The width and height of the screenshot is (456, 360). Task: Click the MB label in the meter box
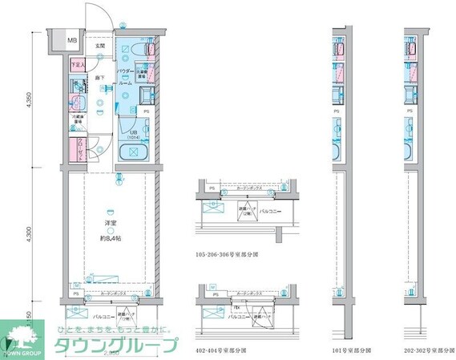click(72, 39)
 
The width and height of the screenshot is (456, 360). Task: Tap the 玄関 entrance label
click(101, 46)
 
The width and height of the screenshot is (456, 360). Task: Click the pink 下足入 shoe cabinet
click(77, 65)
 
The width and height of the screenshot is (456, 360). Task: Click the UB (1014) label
click(133, 131)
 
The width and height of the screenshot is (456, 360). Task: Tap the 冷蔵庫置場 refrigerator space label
click(77, 125)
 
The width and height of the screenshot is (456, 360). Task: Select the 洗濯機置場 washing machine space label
click(139, 75)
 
